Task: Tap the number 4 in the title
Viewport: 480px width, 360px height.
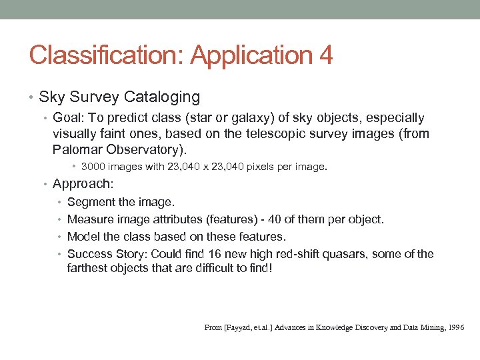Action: point(326,55)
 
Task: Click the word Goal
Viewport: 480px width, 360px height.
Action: point(67,118)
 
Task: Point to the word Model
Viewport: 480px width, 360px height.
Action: point(83,236)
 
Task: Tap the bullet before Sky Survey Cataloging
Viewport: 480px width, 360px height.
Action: point(32,97)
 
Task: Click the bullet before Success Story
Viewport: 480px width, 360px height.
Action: point(61,253)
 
